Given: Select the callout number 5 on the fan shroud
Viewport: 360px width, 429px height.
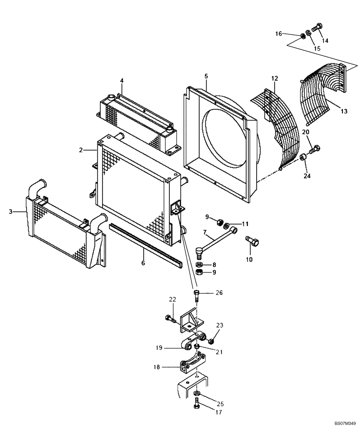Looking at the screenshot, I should (206, 76).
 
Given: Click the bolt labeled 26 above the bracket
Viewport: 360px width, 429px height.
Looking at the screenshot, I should (196, 295).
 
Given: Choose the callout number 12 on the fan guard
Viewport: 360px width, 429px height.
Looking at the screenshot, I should (274, 78).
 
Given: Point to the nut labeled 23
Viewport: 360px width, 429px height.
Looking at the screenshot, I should (211, 341).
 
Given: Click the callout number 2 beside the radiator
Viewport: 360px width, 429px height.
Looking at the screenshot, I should (80, 150).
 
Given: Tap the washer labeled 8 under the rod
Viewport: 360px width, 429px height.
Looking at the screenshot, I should (200, 265).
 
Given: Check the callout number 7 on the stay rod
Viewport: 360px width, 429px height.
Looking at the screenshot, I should (205, 233).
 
